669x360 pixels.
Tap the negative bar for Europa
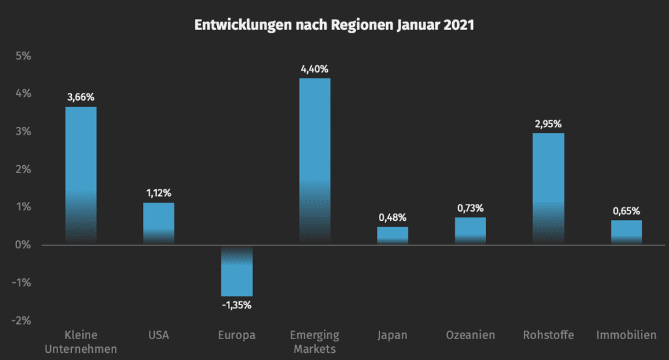pyautogui.click(x=237, y=271)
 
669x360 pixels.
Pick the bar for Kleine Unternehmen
pyautogui.click(x=81, y=175)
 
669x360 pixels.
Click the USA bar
pyautogui.click(x=159, y=223)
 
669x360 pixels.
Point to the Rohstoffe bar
pyautogui.click(x=549, y=189)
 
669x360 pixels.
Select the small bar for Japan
pyautogui.click(x=393, y=235)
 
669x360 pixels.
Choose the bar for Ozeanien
pyautogui.click(x=470, y=231)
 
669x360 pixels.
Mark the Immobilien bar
pyautogui.click(x=627, y=232)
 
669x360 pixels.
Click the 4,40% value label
pyautogui.click(x=314, y=69)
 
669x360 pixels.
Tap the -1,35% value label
pyautogui.click(x=237, y=304)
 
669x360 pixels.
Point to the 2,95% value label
pyautogui.click(x=549, y=123)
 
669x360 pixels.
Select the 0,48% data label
pyautogui.click(x=393, y=217)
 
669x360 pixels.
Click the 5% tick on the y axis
pyautogui.click(x=23, y=56)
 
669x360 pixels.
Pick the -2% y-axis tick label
pyautogui.click(x=22, y=320)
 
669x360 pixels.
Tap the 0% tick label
pyautogui.click(x=23, y=245)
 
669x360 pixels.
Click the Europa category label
pyautogui.click(x=237, y=335)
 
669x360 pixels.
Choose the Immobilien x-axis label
pyautogui.click(x=627, y=335)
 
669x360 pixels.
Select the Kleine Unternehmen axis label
pyautogui.click(x=81, y=342)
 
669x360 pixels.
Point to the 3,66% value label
pyautogui.click(x=81, y=97)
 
